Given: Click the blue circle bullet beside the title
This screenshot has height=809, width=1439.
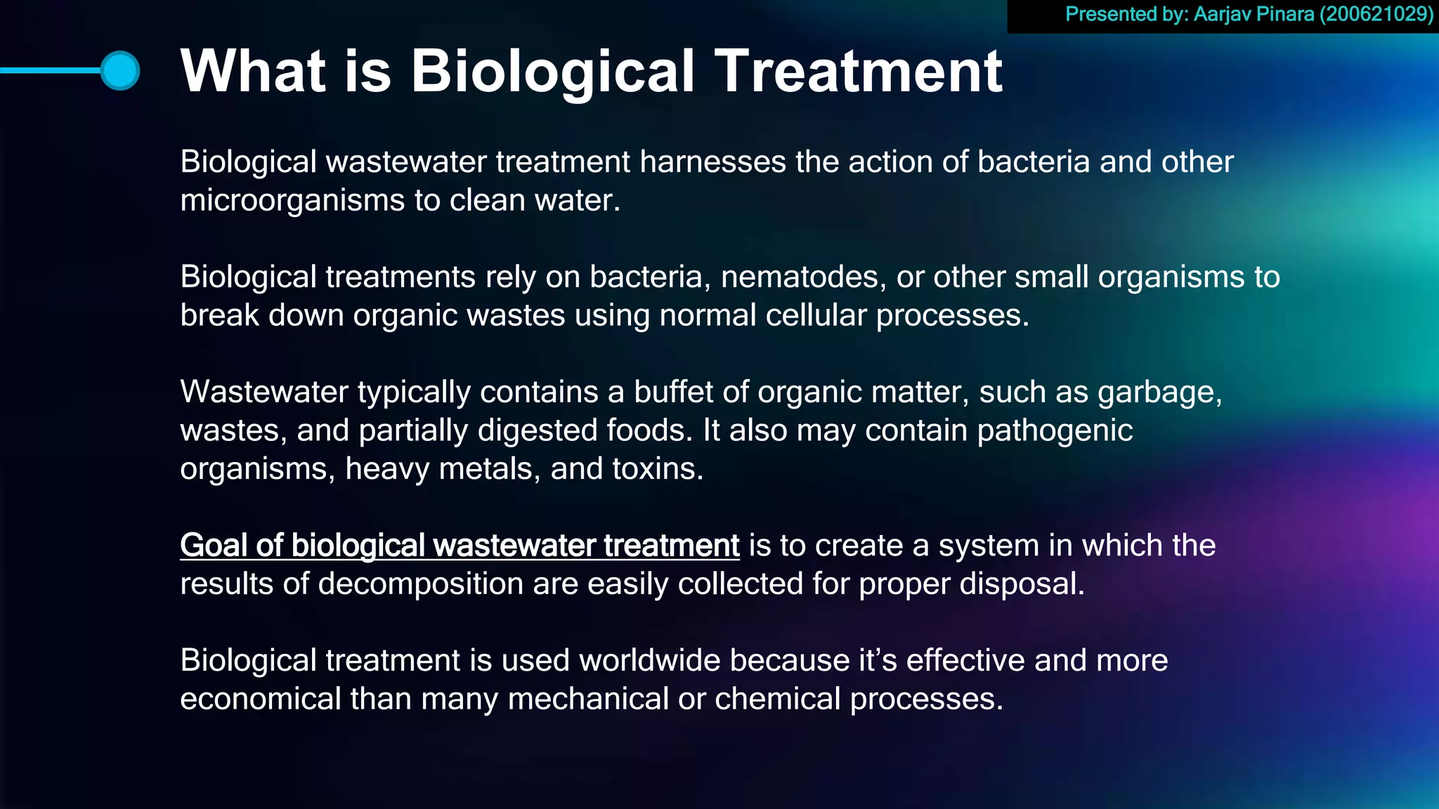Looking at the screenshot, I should pos(119,70).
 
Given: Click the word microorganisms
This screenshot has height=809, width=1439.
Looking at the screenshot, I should pos(292,201).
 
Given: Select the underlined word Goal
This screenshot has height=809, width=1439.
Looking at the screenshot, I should pos(213,546).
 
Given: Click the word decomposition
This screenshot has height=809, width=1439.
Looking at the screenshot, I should pos(419,584).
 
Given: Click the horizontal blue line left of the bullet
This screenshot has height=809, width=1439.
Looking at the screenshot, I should pos(49,70).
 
